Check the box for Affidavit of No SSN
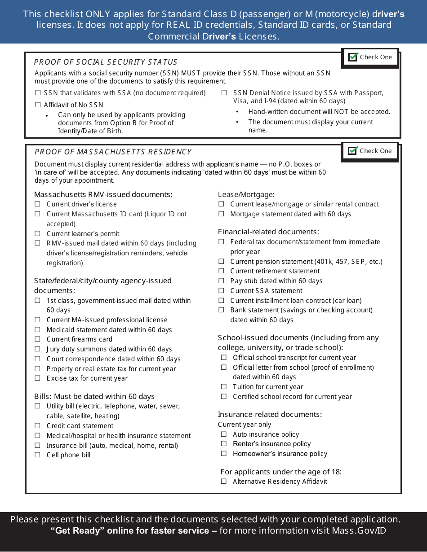[38, 105]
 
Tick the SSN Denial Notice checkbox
[224, 93]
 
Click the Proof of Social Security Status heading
[106, 62]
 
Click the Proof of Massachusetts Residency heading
[113, 152]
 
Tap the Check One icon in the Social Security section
[353, 57]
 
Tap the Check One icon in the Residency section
[353, 151]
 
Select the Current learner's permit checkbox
[38, 234]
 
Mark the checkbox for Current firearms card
[38, 339]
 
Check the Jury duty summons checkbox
[38, 349]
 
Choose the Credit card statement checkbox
[38, 426]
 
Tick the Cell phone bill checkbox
[38, 455]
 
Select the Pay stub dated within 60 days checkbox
[221, 281]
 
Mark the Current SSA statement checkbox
[221, 291]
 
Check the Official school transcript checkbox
[224, 358]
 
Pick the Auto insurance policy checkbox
[224, 434]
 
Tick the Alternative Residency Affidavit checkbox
[224, 482]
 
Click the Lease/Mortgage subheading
[246, 194]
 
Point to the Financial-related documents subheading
[268, 232]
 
